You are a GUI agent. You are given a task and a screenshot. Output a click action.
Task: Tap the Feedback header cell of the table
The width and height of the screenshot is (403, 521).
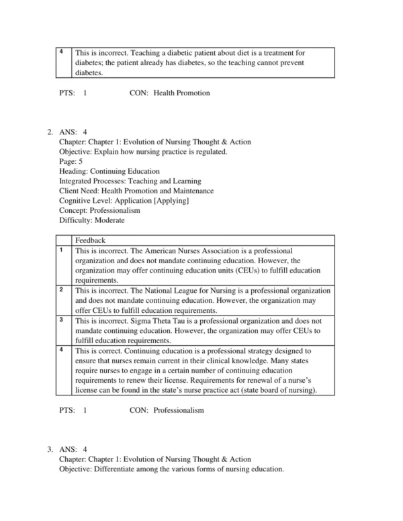90,240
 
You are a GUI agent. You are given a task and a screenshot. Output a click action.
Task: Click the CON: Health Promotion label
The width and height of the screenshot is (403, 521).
169,93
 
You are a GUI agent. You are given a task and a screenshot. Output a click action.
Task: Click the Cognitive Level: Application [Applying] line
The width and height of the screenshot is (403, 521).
124,200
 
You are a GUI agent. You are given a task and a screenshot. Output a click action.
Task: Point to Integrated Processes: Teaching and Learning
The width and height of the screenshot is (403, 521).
130,181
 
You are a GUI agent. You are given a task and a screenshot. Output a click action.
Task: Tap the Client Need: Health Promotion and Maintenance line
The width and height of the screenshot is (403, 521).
136,191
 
